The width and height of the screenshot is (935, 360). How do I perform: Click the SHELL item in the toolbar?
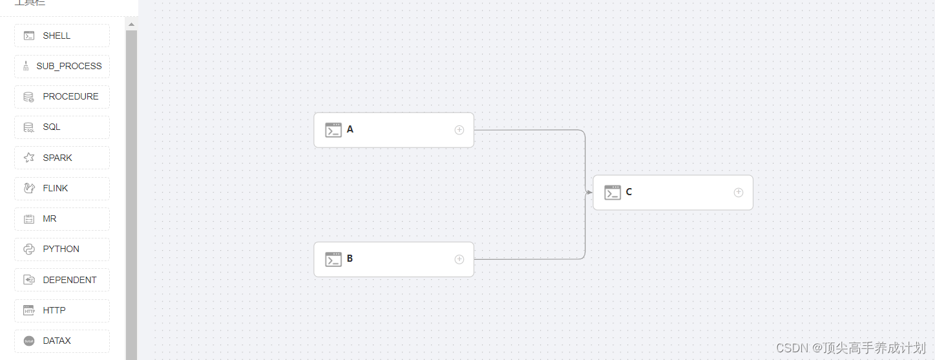coord(61,36)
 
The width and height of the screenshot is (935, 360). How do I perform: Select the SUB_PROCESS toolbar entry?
coord(61,66)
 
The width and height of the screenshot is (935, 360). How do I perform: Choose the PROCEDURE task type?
coord(61,96)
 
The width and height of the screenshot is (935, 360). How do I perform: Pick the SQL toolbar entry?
coord(61,127)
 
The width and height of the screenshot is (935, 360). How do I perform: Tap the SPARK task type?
coord(61,158)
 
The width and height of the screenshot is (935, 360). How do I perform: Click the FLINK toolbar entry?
coord(61,188)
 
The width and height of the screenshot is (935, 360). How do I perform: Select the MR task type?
coord(61,218)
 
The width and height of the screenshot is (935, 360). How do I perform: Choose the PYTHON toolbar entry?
coord(61,249)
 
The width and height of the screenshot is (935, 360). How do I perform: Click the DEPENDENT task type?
coord(61,280)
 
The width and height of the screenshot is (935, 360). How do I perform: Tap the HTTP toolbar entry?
coord(61,310)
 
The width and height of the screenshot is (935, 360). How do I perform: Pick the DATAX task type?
coord(61,341)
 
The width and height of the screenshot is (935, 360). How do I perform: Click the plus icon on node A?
coord(459,130)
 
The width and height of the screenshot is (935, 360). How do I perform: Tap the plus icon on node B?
coord(459,259)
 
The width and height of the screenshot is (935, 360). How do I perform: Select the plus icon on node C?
coord(739,193)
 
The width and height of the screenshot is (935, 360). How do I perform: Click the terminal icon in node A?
coord(333,130)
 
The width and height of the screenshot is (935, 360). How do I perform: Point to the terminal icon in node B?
coord(333,259)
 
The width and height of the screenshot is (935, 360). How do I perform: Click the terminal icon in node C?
coord(613,193)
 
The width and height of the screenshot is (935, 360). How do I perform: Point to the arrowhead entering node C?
coord(589,193)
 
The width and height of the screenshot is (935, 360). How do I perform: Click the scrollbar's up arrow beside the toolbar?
coord(131,25)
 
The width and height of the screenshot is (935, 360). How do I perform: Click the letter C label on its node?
coord(629,192)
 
